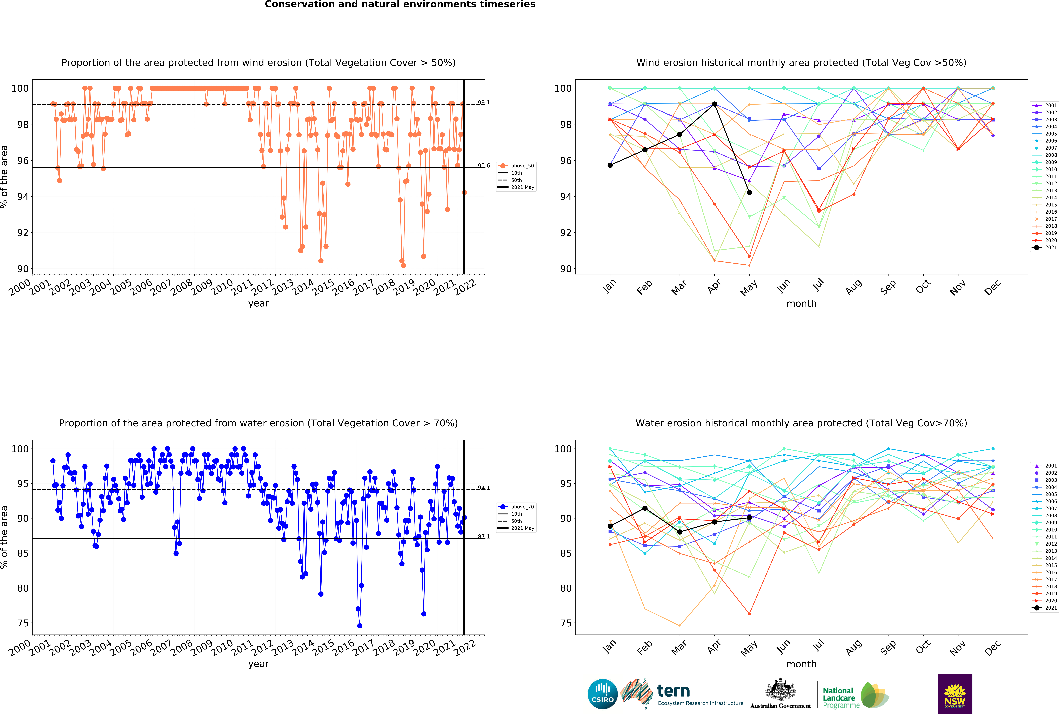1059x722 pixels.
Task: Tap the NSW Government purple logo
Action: coord(955,694)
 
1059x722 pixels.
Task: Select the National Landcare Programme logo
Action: coord(856,695)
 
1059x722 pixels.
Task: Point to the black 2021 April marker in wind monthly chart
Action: coord(715,104)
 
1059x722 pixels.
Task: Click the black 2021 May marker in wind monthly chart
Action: coord(749,192)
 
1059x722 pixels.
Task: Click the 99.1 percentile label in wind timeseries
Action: coord(484,103)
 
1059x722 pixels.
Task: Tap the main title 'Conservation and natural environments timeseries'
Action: coord(400,5)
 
